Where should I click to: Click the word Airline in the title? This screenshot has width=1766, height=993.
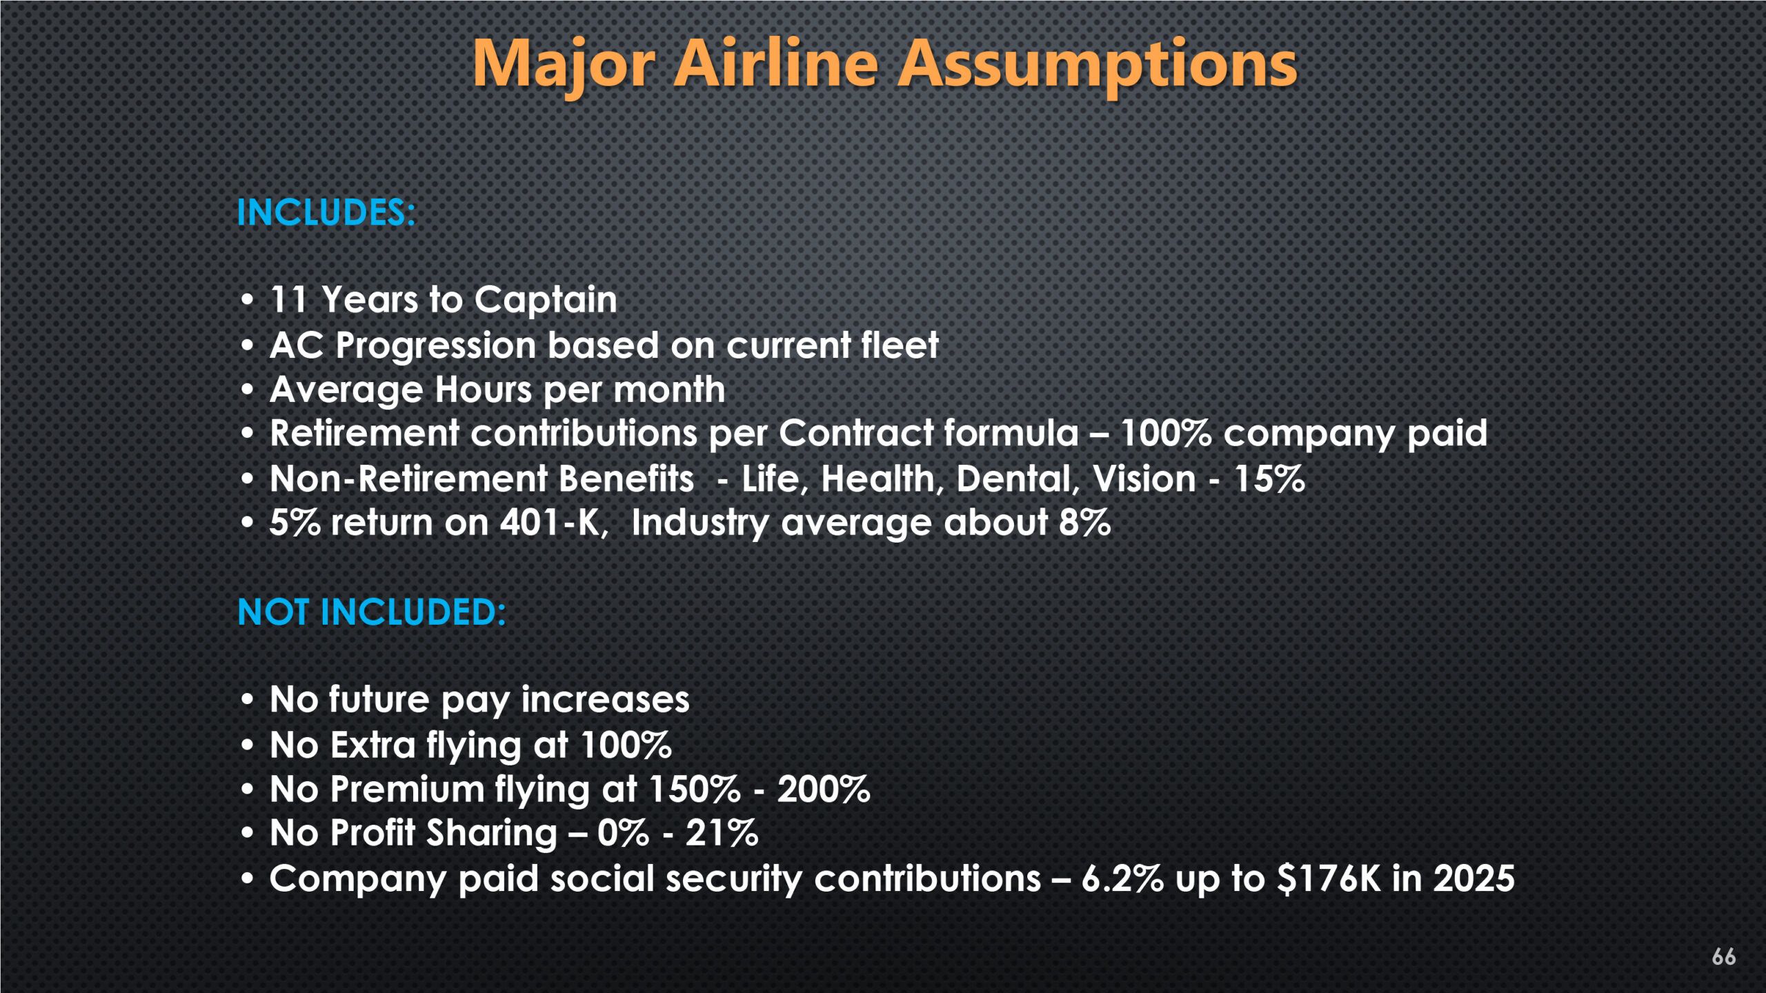pos(776,63)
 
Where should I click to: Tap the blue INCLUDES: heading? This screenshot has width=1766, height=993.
pos(326,212)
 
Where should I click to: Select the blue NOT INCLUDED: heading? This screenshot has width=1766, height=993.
pos(372,612)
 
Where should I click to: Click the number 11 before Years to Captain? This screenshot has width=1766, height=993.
pos(288,300)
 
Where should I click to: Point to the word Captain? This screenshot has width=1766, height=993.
pos(546,301)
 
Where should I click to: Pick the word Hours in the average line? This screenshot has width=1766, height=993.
pos(483,390)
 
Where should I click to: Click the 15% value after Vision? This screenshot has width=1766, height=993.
pos(1269,479)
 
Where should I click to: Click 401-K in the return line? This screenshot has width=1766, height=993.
pos(554,523)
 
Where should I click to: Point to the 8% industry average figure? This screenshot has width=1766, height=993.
pos(1085,523)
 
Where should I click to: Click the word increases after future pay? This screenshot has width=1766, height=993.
pos(605,700)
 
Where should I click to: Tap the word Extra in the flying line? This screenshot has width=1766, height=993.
pos(373,745)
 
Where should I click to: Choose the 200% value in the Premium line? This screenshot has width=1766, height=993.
pos(824,790)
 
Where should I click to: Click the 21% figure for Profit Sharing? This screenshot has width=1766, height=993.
pos(722,833)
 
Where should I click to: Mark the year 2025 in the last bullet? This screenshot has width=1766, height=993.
pos(1474,879)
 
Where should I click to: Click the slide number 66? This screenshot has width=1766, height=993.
pos(1723,956)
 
